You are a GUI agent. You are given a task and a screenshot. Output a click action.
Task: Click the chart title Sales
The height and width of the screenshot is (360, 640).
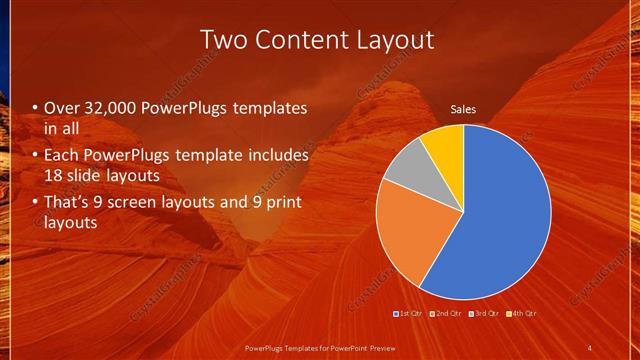point(463,109)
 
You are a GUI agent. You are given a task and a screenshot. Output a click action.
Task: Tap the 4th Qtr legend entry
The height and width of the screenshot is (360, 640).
point(521,314)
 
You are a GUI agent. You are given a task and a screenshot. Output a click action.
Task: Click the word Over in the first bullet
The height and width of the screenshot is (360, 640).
point(61,108)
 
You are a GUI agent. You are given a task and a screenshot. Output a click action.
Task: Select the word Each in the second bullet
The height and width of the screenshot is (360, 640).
point(62,156)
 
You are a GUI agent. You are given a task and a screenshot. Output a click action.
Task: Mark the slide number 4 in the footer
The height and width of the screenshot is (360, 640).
point(590,348)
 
